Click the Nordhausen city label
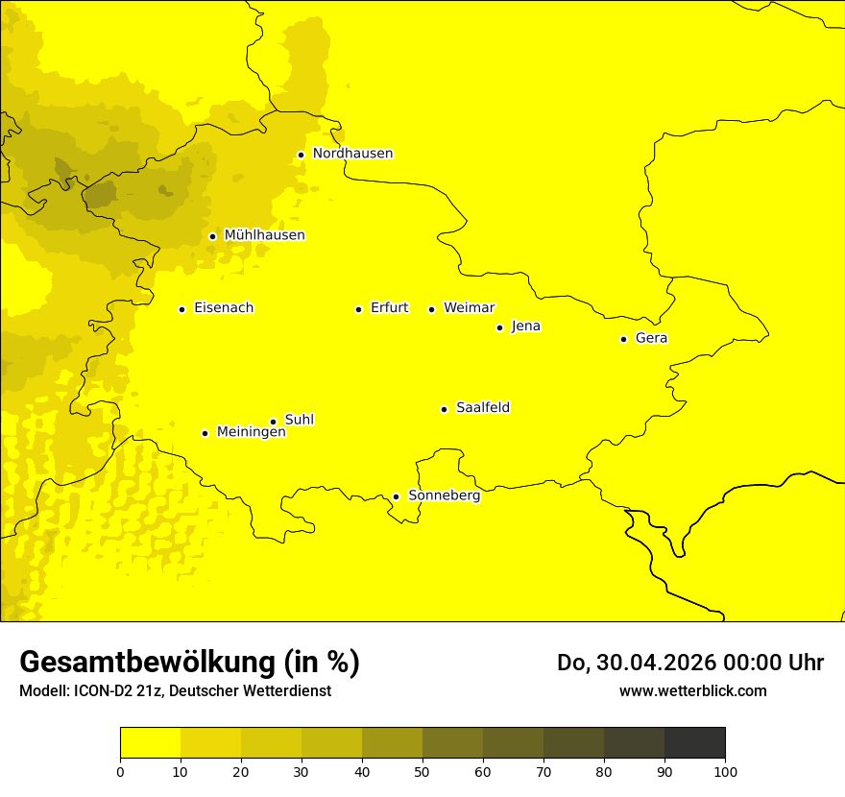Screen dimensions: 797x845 coord(352,154)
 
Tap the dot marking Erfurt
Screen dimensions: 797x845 coord(358,309)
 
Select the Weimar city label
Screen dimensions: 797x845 coord(469,308)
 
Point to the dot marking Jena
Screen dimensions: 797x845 coord(499,327)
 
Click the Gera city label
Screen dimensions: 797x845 coord(651,338)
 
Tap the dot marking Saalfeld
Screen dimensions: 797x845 coord(444,409)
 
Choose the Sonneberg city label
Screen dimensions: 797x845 coord(444,495)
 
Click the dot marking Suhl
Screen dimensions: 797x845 coord(273,422)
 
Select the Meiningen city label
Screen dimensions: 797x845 coord(251,432)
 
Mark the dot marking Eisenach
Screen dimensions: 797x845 coord(181,309)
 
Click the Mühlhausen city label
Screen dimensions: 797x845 coord(264,235)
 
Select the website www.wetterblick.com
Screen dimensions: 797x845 coord(692,690)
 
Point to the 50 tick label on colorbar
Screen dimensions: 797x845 coord(422,771)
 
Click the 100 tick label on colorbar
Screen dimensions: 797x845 coord(724,771)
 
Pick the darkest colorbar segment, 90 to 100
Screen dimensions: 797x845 coord(694,743)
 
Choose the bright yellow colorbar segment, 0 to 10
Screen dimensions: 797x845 coord(150,743)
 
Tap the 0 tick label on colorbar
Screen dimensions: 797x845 coord(120,771)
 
